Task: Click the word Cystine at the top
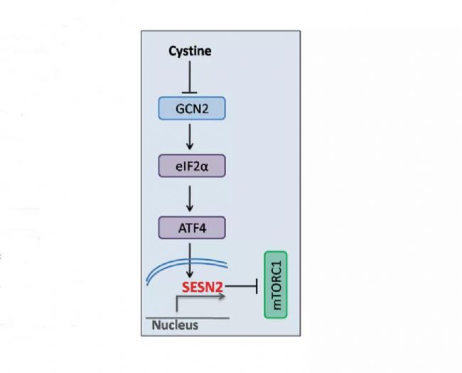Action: click(x=190, y=51)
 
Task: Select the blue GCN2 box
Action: click(x=190, y=108)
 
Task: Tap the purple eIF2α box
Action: click(x=190, y=167)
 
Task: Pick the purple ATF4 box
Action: click(x=190, y=228)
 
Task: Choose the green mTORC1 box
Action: click(x=276, y=285)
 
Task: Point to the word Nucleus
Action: click(x=175, y=326)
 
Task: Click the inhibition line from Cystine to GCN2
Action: click(x=190, y=75)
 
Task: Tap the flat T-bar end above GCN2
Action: click(x=190, y=90)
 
